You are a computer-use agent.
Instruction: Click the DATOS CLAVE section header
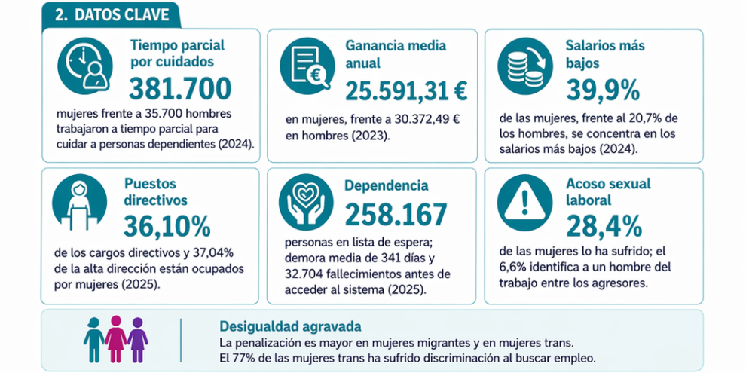click(x=110, y=15)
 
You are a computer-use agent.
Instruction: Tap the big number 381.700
click(x=180, y=90)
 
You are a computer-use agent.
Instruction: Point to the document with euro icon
click(x=306, y=66)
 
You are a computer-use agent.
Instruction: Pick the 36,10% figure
click(x=168, y=225)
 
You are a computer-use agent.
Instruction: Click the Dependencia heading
click(x=387, y=185)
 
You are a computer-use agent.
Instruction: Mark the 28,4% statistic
click(x=604, y=225)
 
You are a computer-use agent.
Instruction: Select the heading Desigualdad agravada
click(x=289, y=326)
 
